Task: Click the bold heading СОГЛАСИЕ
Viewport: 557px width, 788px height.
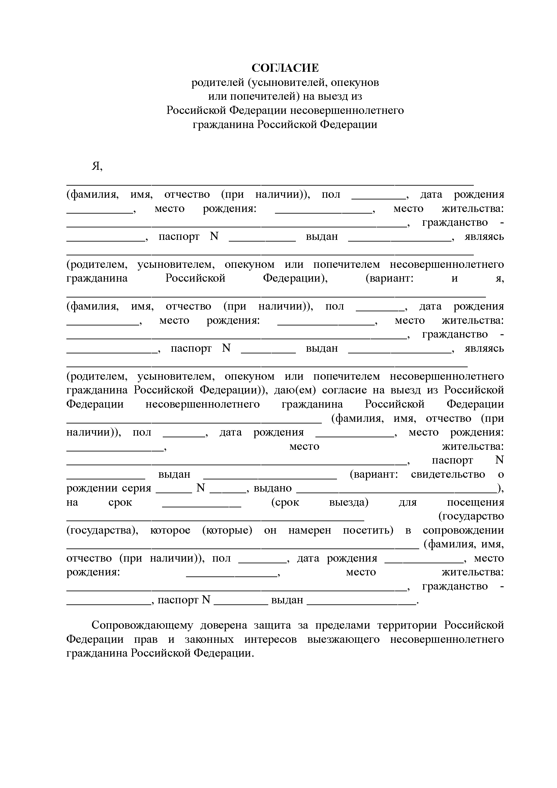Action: pyautogui.click(x=285, y=68)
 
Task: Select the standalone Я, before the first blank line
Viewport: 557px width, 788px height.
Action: pyautogui.click(x=97, y=166)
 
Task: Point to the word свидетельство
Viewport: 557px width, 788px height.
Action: pyautogui.click(x=448, y=474)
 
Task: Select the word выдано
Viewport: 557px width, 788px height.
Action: pyautogui.click(x=273, y=488)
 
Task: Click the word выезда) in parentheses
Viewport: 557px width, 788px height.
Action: pyautogui.click(x=349, y=502)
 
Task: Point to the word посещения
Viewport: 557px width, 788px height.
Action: pyautogui.click(x=475, y=502)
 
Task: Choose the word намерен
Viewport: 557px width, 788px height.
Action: pyautogui.click(x=310, y=530)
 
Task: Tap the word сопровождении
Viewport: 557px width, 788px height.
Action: pyautogui.click(x=463, y=530)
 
